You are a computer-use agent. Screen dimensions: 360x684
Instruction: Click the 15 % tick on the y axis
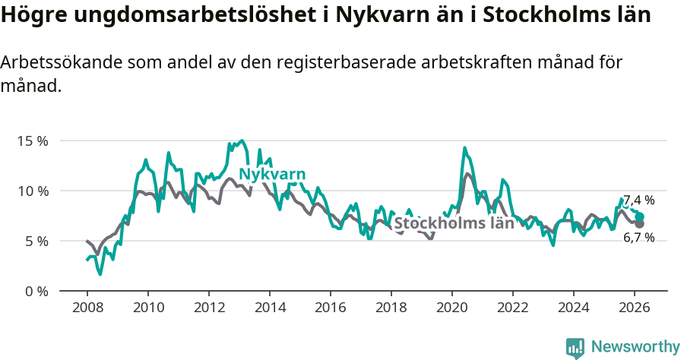34,141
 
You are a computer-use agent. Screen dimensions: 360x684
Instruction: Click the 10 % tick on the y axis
34,191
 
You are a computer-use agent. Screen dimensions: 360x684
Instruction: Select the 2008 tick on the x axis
87,308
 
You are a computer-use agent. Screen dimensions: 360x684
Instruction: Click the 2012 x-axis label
208,308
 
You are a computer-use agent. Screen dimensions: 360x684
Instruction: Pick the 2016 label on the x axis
330,308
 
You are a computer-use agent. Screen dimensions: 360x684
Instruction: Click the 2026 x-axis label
634,308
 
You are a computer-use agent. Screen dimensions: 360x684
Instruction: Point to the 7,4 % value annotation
639,201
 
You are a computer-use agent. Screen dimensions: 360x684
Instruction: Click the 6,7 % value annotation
639,237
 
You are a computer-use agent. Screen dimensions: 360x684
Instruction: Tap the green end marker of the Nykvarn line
639,216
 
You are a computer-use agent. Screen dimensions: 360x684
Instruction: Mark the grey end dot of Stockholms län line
639,224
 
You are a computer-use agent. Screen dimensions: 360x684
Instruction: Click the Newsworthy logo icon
575,347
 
